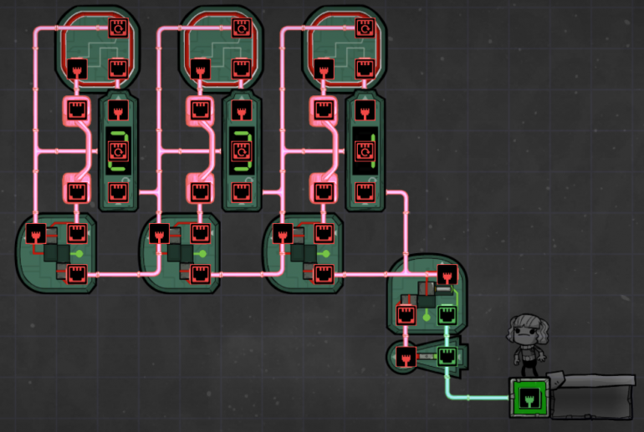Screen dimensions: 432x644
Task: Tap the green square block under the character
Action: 527,396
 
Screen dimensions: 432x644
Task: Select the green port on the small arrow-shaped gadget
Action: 447,357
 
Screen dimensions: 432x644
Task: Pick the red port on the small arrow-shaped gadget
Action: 407,358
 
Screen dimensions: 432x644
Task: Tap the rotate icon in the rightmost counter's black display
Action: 365,150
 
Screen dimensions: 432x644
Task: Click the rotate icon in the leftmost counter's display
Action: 117,150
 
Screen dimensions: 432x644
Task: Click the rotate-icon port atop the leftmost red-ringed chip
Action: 118,27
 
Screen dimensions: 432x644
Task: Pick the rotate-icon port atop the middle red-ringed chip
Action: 241,27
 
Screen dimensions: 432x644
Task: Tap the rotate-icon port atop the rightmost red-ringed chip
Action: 365,27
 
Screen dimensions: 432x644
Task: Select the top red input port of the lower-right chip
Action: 447,274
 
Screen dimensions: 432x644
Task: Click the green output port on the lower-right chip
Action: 447,315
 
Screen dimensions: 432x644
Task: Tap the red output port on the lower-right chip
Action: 406,315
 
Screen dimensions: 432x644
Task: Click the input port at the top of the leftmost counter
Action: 117,109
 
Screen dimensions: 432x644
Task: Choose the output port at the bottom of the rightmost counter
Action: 365,191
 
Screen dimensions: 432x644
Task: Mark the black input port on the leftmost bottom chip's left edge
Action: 36,233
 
